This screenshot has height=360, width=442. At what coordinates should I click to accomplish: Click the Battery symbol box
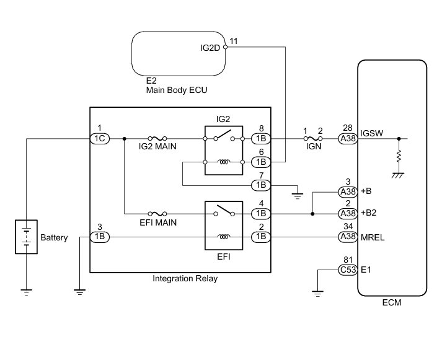26,237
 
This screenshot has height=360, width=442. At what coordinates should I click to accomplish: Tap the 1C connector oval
100,139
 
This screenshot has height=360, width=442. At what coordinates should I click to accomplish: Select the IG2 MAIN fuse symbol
157,138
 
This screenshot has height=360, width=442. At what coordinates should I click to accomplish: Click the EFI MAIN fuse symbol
157,214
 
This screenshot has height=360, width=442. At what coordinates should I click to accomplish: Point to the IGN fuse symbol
313,138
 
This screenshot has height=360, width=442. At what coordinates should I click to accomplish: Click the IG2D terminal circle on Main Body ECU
225,47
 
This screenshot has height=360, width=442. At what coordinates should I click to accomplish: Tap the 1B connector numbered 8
261,139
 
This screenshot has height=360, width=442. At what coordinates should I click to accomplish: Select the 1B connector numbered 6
261,162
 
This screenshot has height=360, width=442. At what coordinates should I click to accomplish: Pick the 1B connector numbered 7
261,185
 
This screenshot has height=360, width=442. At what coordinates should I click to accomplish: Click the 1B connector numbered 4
261,214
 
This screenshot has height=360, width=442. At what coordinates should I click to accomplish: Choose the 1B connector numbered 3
100,237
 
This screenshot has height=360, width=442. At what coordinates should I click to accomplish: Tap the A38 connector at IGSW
348,139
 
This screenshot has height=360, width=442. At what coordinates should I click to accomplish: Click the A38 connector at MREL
348,237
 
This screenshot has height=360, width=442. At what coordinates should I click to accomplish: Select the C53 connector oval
348,270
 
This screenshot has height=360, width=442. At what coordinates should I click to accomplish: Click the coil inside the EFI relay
224,237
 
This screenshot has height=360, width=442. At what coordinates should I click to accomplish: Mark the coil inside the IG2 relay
224,162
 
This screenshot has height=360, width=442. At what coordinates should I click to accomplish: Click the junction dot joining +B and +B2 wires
312,214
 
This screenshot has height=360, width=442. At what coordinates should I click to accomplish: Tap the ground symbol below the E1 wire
317,294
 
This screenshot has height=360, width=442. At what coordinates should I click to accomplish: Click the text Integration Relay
185,279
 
